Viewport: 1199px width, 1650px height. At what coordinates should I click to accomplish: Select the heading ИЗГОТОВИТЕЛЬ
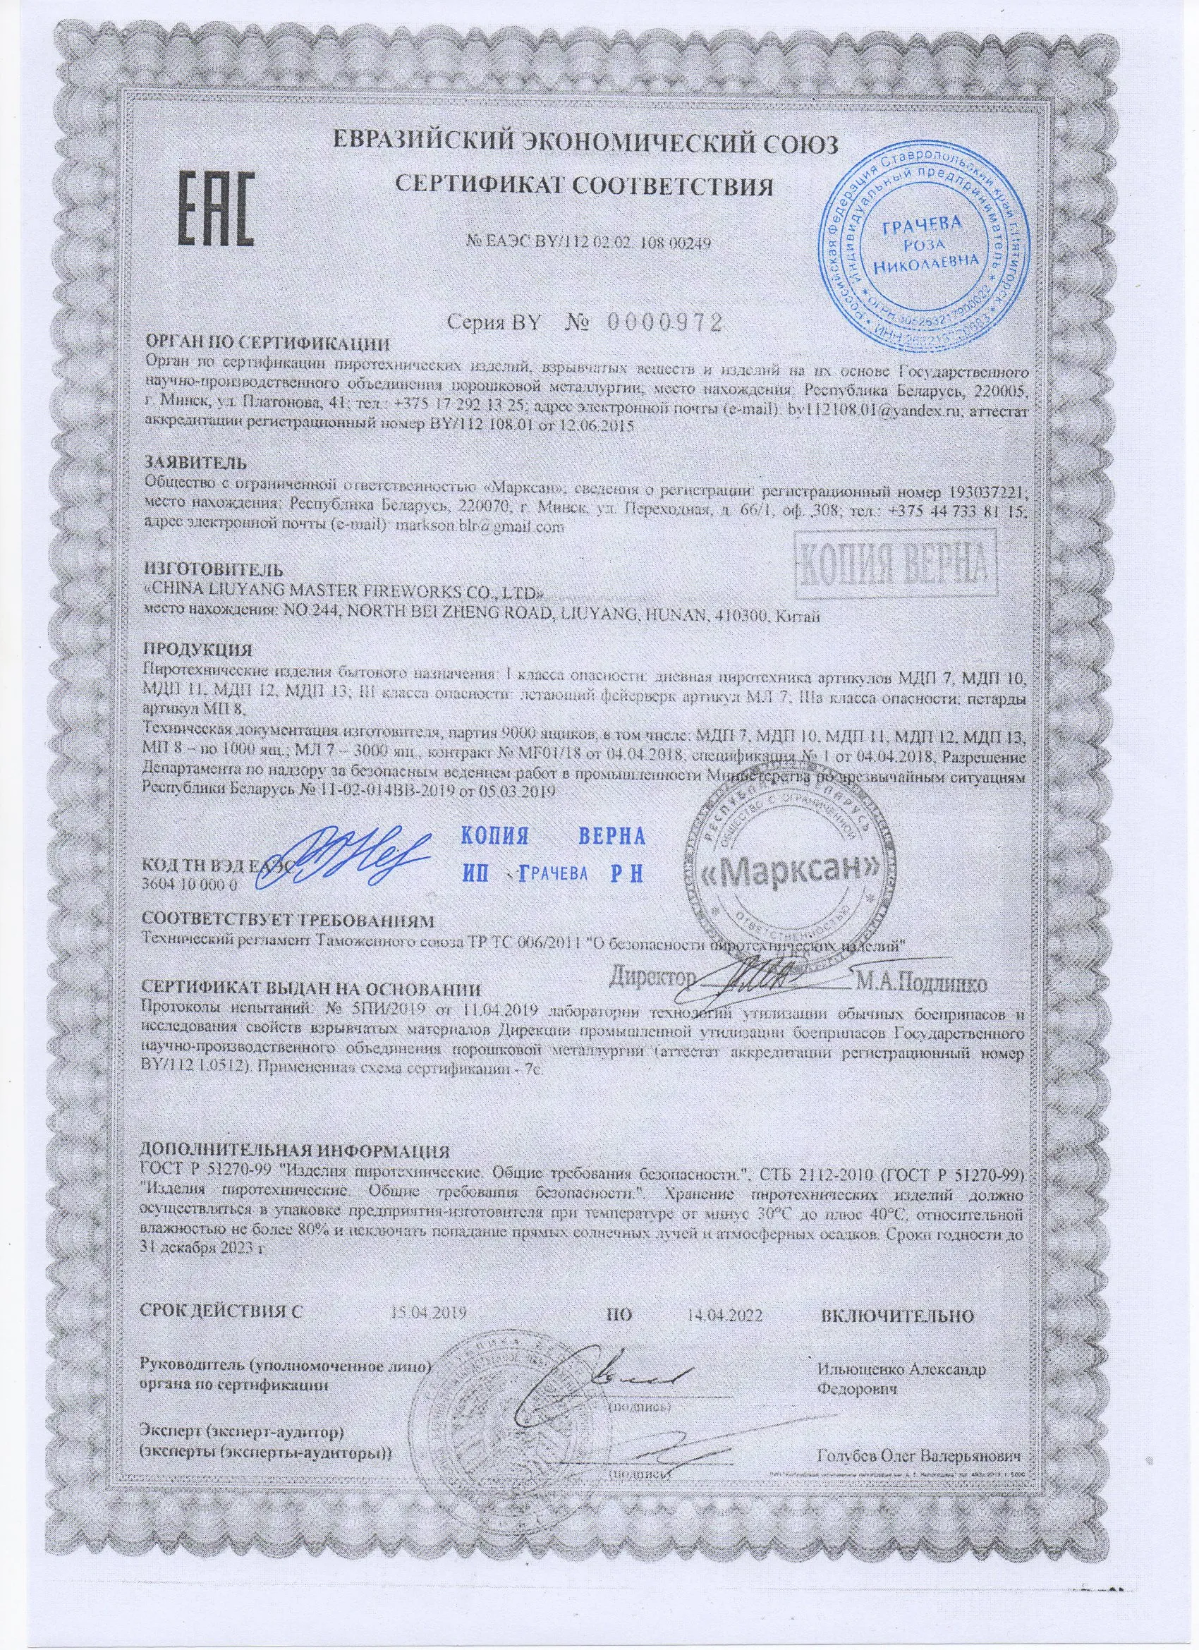pyautogui.click(x=210, y=568)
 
